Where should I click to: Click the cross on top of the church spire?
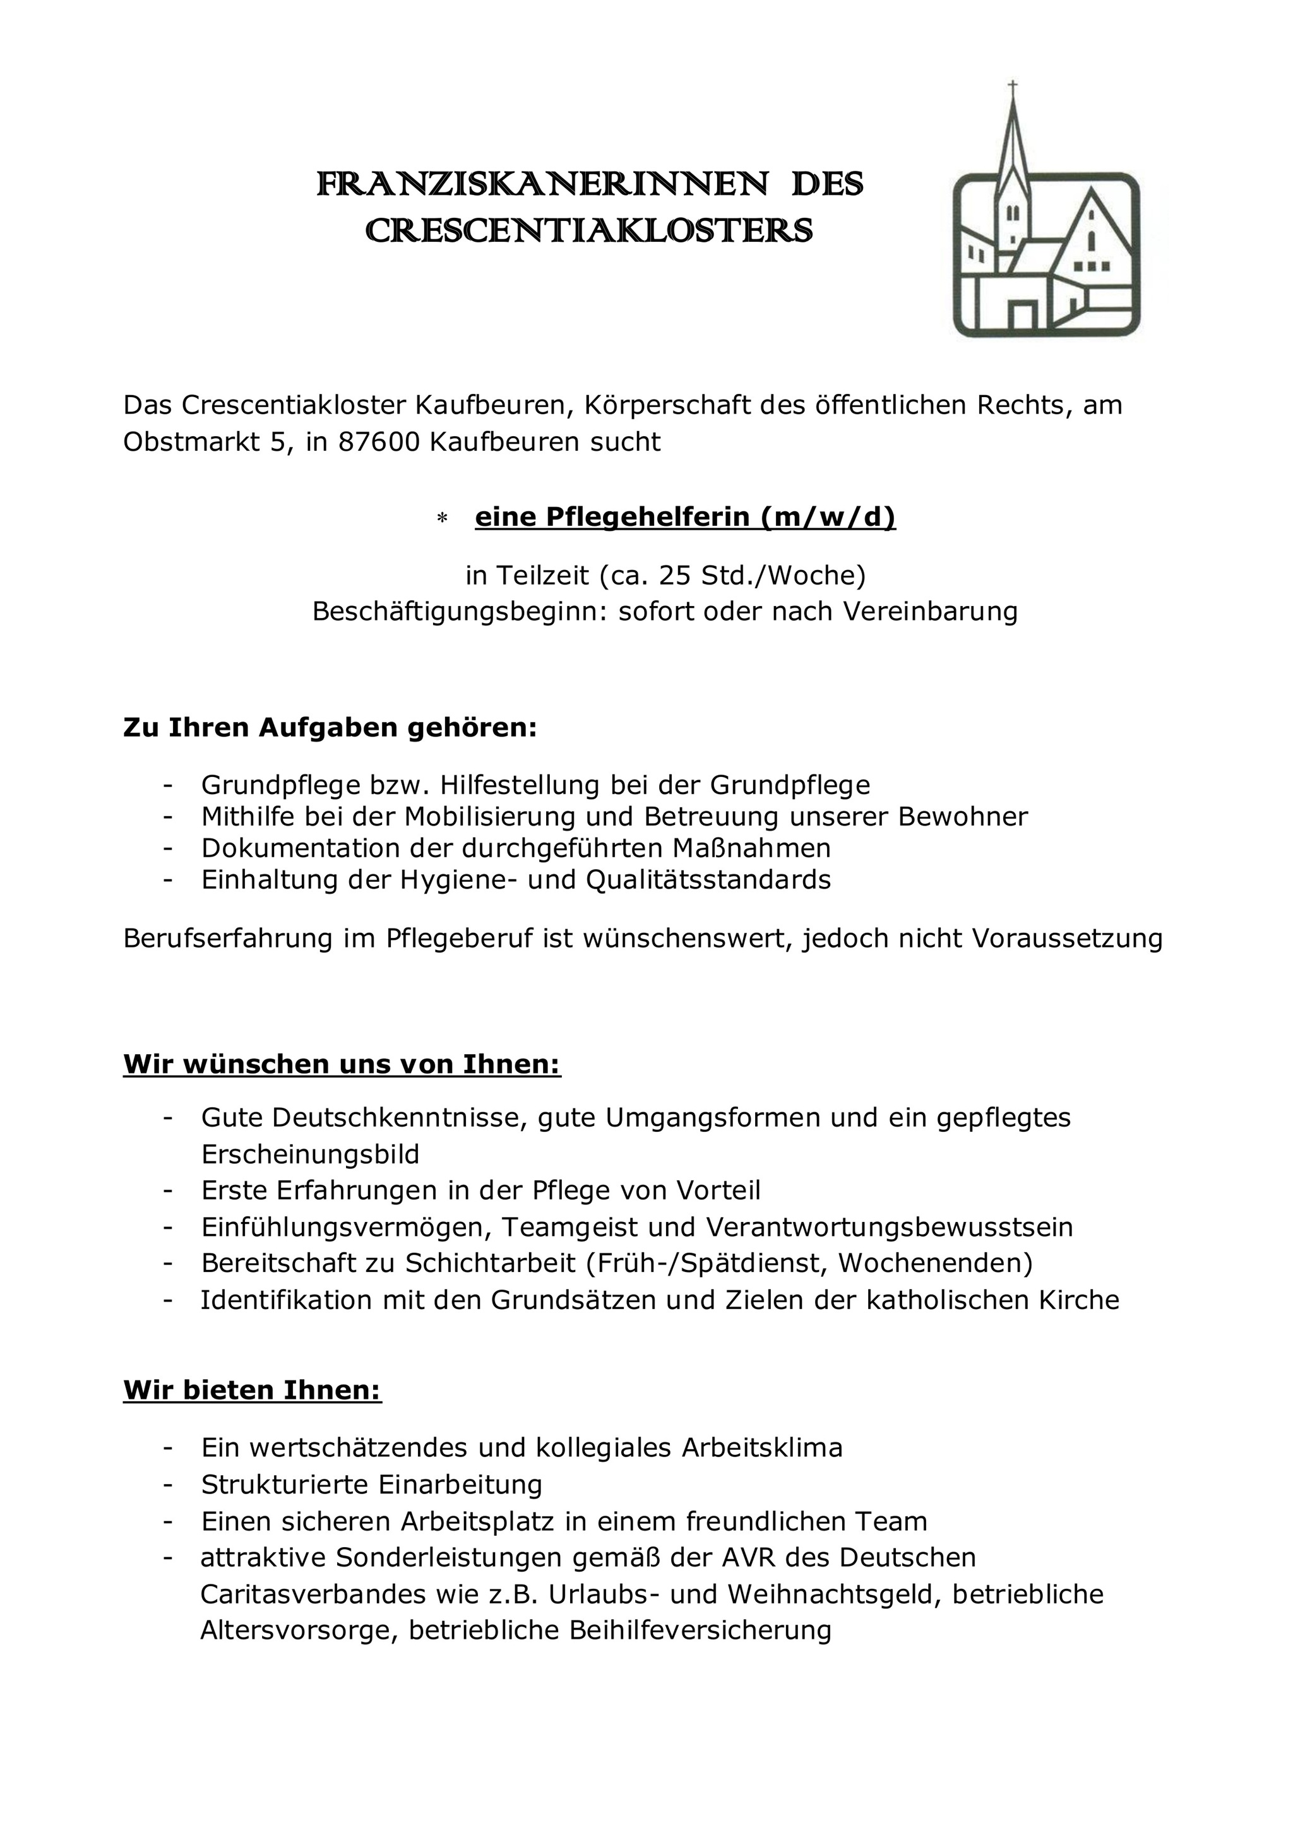coord(1013,85)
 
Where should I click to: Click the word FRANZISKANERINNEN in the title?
coord(542,186)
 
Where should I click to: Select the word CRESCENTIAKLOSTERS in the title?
coord(589,232)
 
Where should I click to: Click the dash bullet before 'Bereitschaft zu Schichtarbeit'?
coord(167,1264)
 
